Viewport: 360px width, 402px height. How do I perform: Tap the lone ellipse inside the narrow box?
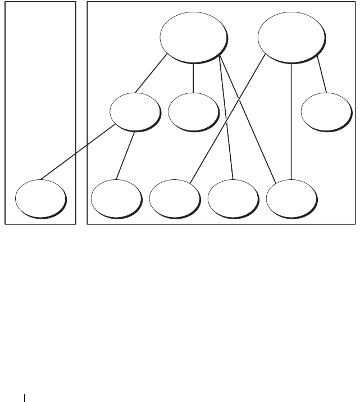40,198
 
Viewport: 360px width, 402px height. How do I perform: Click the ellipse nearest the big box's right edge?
325,112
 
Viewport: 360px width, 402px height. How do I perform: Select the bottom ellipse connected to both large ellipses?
291,198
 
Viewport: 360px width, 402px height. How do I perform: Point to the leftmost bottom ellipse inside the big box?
116,198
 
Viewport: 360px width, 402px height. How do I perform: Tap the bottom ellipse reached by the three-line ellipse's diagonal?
175,198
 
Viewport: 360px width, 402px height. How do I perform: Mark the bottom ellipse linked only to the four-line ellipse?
233,198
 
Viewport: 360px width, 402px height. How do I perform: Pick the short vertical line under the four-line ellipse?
194,78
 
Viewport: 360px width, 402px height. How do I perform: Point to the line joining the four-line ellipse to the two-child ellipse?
151,73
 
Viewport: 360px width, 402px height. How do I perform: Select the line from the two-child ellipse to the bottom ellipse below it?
126,155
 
